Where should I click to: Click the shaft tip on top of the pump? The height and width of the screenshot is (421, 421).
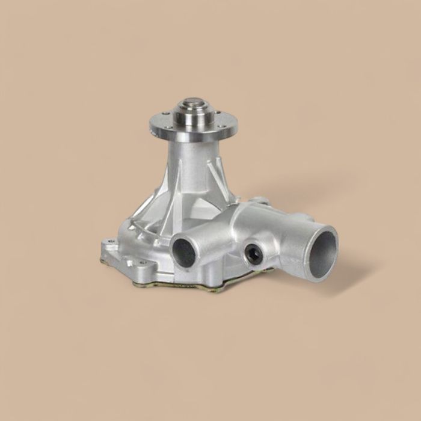tap(193, 103)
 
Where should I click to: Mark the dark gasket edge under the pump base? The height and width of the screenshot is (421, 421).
tap(180, 289)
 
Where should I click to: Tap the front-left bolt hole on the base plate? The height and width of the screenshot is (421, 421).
tap(142, 263)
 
